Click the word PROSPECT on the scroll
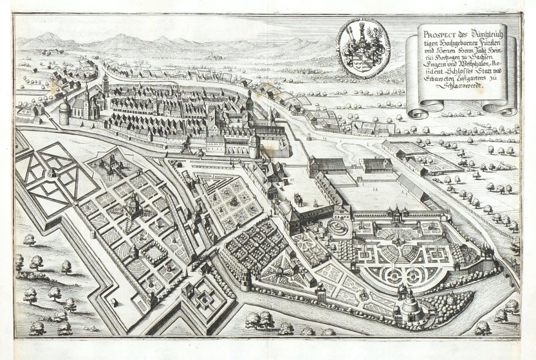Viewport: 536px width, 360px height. (x=433, y=28)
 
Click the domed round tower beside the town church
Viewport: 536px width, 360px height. (x=65, y=113)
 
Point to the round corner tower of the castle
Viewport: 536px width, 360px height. (x=255, y=146)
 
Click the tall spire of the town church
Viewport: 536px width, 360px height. (x=86, y=90)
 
